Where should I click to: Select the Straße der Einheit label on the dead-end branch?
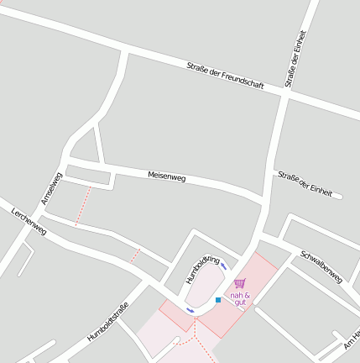point(305,182)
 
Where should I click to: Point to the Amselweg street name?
point(52,188)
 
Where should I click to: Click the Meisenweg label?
point(166,176)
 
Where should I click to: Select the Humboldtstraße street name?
point(108,321)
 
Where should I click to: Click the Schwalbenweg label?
point(321,266)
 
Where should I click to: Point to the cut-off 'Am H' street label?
point(352,338)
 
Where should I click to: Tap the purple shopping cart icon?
point(240,284)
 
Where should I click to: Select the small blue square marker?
point(218,300)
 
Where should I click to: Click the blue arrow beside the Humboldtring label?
point(224,266)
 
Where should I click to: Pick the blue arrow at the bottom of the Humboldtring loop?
point(190,311)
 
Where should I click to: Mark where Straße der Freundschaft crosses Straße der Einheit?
point(285,96)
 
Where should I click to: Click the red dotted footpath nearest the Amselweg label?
point(82,206)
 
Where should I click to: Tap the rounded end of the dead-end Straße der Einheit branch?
point(339,197)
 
